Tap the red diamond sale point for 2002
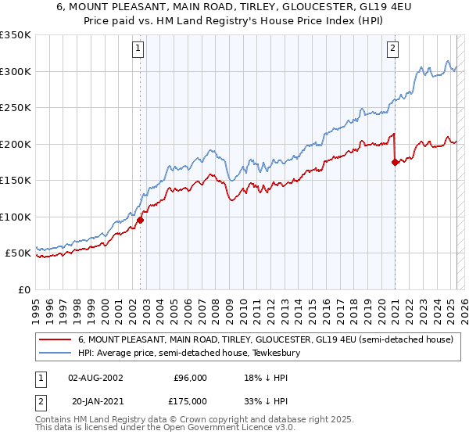point(141,220)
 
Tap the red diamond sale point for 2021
point(395,162)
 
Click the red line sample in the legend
point(55,340)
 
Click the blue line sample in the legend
point(55,354)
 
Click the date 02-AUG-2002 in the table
point(95,378)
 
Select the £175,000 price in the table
point(190,401)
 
